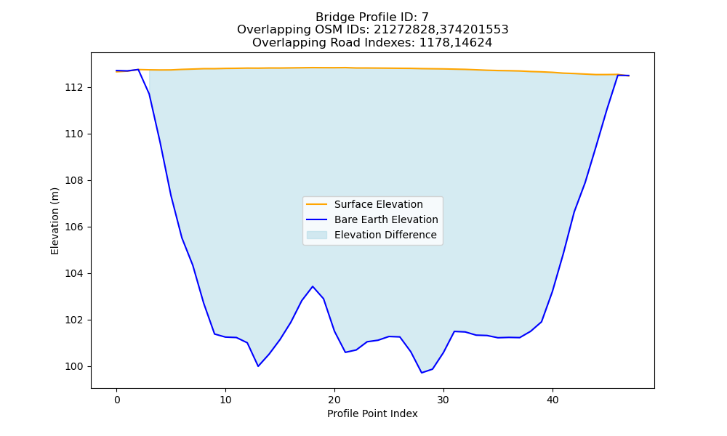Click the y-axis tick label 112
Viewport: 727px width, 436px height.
point(74,88)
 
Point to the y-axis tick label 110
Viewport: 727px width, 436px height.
point(74,134)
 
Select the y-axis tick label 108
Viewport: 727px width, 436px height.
point(74,181)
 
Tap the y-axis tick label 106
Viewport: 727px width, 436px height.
point(74,227)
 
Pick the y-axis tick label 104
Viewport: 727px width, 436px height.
point(74,273)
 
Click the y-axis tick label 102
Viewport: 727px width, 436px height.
point(74,320)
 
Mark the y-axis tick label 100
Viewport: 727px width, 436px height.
point(74,366)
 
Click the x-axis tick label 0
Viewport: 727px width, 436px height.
point(116,400)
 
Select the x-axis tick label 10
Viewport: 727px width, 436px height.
point(225,400)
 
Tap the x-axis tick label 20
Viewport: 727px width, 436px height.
point(334,400)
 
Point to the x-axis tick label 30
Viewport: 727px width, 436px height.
point(443,400)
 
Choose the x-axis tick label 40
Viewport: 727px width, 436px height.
point(553,400)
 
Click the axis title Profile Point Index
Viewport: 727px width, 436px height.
point(372,413)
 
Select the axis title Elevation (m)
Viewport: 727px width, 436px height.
point(55,221)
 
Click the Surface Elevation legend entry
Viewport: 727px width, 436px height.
point(364,204)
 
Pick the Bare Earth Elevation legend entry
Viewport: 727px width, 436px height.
point(371,219)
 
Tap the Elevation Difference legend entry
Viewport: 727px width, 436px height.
point(371,235)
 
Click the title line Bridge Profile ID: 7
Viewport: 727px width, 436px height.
point(372,17)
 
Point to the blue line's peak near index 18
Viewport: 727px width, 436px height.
point(313,286)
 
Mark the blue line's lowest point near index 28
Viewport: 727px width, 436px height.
point(422,373)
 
